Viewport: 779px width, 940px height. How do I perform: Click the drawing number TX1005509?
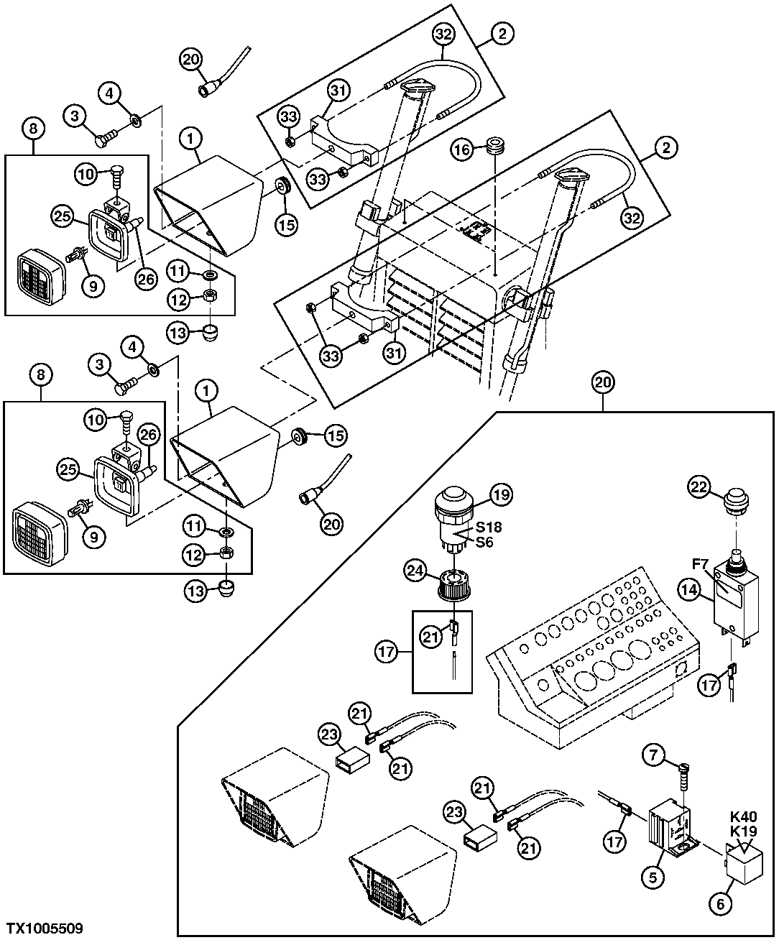click(45, 928)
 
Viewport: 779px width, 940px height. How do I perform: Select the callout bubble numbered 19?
click(501, 494)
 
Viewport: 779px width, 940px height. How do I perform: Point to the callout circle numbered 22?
click(699, 487)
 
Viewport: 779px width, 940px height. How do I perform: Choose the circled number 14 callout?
click(689, 590)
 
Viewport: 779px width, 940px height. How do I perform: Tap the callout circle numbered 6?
click(721, 903)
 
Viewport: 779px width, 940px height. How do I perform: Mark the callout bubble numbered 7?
click(653, 756)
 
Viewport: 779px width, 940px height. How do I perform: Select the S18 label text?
click(489, 527)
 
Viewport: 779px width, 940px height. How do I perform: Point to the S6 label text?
click(484, 543)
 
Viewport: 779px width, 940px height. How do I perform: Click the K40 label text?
click(743, 816)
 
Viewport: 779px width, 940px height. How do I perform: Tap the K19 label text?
click(743, 831)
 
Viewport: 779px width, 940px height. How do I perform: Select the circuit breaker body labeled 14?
click(735, 603)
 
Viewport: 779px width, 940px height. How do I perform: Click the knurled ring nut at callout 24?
click(454, 585)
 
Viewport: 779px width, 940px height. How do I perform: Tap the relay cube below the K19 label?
click(745, 868)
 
